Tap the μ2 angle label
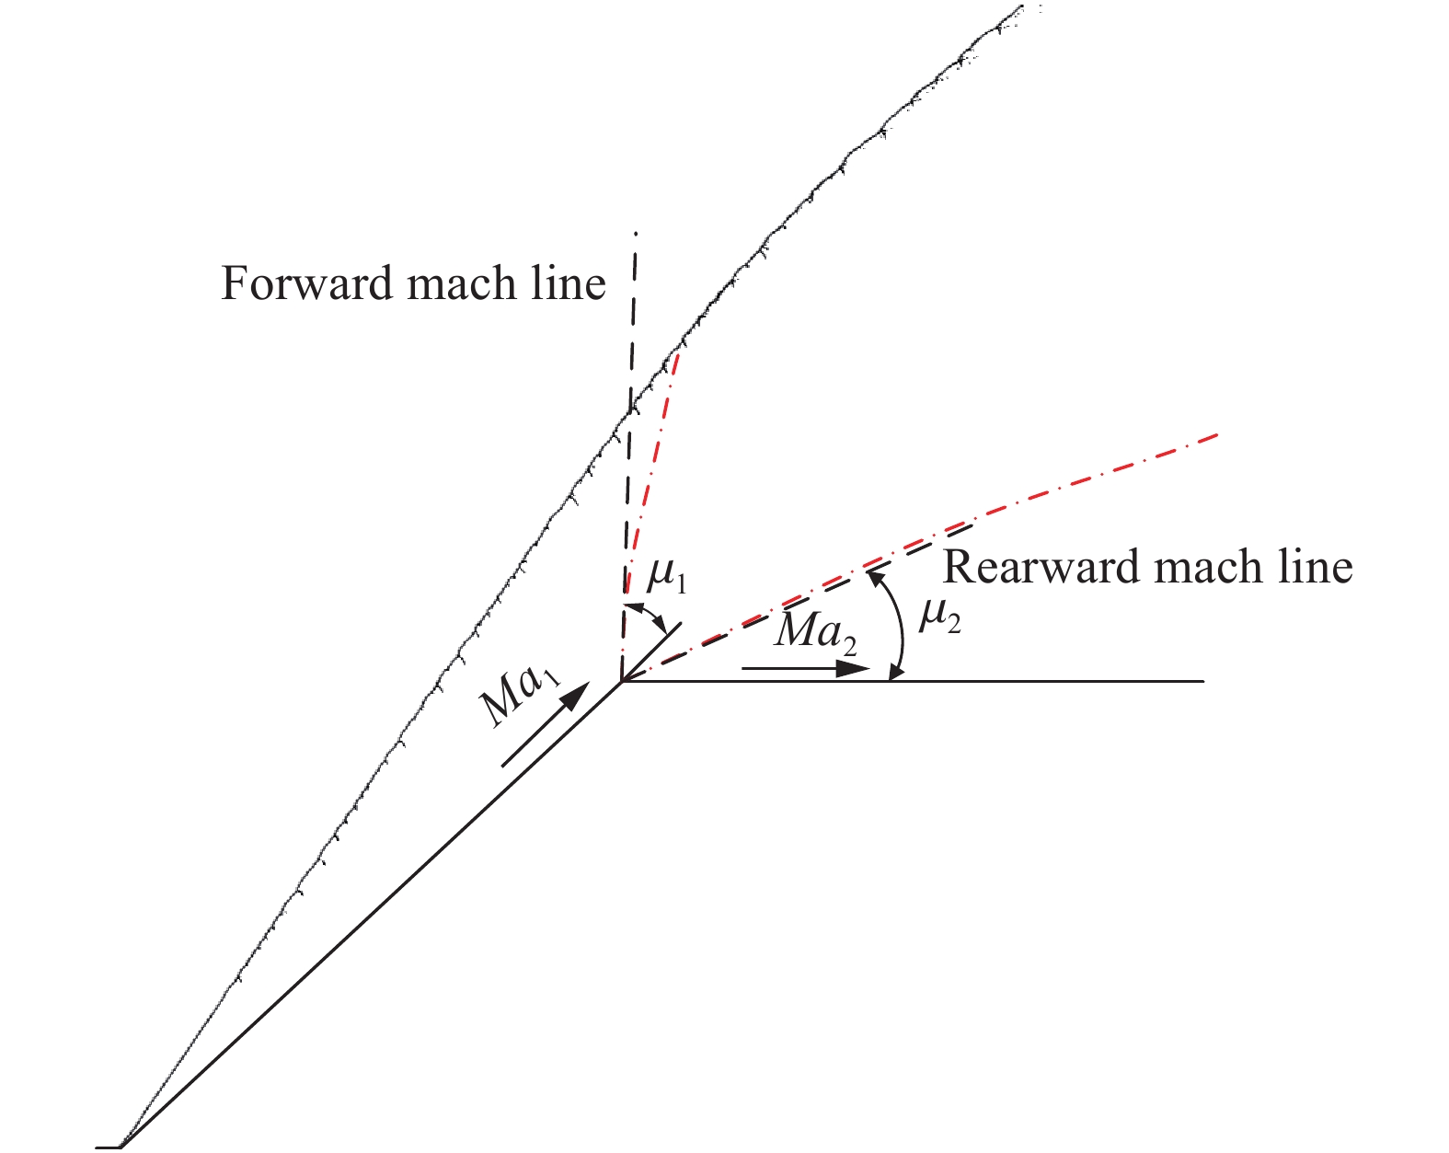939,617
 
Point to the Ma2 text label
816,635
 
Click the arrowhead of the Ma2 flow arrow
853,669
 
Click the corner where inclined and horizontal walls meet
623,682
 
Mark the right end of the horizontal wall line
1204,682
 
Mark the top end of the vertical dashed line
635,234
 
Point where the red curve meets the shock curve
679,352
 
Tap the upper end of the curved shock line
1022,6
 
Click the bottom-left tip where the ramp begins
120,1147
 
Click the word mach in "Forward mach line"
461,282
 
